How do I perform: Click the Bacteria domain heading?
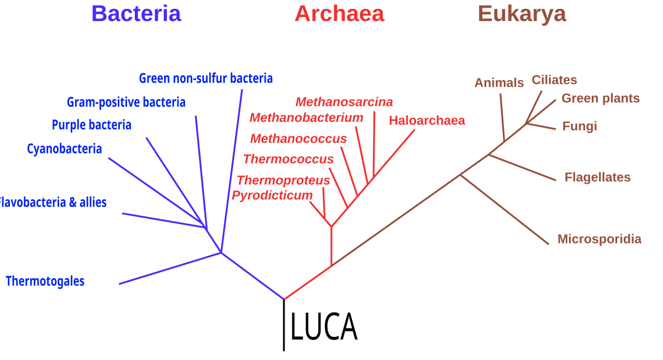tap(136, 14)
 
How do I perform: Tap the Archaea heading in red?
tap(339, 14)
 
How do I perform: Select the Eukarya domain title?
tap(522, 14)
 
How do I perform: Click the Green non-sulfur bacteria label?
tap(206, 78)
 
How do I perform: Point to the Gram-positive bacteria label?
tap(126, 102)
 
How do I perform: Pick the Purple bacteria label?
tap(92, 125)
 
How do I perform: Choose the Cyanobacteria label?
tap(64, 149)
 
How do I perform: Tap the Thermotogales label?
tap(45, 281)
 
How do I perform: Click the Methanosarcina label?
tap(344, 102)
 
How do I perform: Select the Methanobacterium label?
tap(306, 118)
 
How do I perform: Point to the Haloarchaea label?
tap(427, 120)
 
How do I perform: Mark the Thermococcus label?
tap(288, 159)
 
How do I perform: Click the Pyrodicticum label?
tap(272, 195)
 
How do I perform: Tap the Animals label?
tap(499, 83)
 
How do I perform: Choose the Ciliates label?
tap(554, 80)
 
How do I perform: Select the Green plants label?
tap(601, 98)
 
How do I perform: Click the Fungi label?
tap(580, 126)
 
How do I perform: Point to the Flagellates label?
tap(597, 177)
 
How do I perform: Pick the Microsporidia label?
tap(599, 239)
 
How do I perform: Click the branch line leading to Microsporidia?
tap(505, 209)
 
